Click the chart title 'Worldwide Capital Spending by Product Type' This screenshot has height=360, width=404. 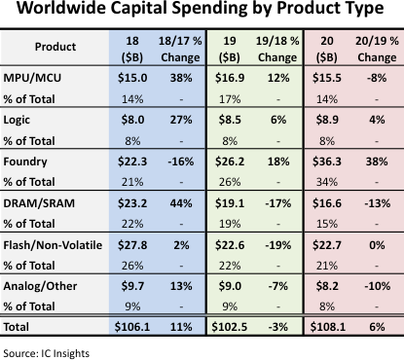point(202,13)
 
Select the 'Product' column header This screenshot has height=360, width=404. point(55,46)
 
